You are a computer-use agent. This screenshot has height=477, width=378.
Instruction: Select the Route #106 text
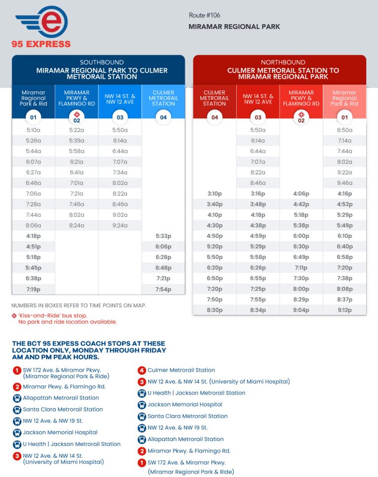[204, 15]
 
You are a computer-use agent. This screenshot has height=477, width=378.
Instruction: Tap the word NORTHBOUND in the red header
[280, 62]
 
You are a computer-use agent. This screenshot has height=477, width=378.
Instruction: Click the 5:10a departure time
[33, 130]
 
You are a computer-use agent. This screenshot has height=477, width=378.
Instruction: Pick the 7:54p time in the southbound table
[163, 289]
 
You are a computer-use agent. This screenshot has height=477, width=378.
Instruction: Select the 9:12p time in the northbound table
[345, 310]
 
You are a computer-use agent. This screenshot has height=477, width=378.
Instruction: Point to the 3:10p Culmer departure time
[215, 194]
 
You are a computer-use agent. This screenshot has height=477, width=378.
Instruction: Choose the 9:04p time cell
[301, 310]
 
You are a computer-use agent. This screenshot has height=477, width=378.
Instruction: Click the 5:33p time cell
[163, 236]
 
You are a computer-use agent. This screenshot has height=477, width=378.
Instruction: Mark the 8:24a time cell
[77, 226]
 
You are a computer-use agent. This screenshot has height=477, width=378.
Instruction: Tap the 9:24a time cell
[120, 226]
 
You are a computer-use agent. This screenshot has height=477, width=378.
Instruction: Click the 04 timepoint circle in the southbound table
[163, 117]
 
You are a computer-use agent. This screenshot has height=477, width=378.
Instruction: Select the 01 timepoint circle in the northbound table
[345, 117]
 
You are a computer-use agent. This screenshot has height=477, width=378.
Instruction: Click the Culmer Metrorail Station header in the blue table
[163, 98]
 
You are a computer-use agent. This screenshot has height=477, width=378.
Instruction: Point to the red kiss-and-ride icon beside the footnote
[14, 315]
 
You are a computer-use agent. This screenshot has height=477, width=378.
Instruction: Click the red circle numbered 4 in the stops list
[142, 370]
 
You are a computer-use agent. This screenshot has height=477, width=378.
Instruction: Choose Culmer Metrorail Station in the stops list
[181, 370]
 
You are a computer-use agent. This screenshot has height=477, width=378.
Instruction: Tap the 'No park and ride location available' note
[67, 322]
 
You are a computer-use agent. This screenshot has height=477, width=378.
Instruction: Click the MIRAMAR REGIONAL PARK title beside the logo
[234, 27]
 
